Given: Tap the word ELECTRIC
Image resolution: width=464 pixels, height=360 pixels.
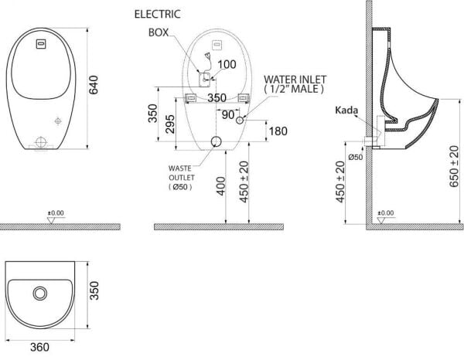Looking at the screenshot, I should coord(158,14).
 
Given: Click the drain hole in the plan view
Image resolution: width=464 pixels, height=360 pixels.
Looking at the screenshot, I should coord(39,294).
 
